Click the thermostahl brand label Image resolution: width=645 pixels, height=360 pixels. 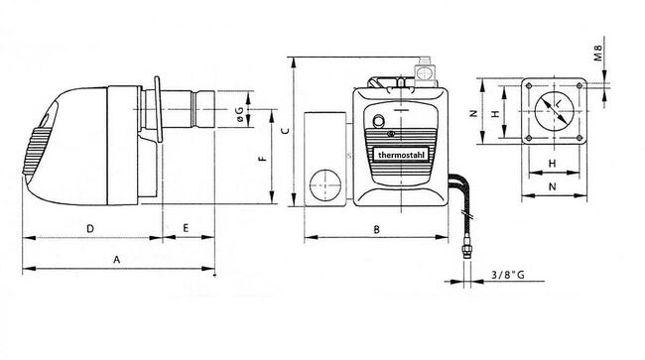[401, 155]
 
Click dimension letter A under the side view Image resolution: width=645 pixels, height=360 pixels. [117, 260]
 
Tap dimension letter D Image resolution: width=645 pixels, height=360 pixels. [90, 228]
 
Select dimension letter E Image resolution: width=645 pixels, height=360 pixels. [186, 228]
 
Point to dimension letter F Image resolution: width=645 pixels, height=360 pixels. [264, 159]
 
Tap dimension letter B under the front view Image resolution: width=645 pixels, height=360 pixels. [376, 230]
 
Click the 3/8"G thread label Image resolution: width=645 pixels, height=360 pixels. [508, 275]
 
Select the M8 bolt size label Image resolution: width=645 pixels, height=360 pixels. [598, 53]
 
